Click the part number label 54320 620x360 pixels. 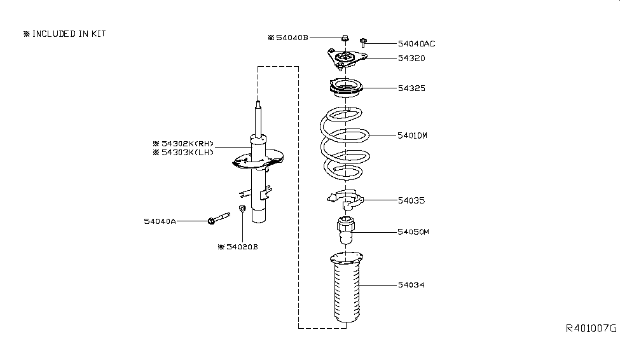(x=411, y=58)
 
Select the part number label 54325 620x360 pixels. (x=411, y=88)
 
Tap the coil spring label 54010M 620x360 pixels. (x=414, y=135)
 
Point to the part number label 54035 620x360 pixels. (x=411, y=200)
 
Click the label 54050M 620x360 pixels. (x=414, y=232)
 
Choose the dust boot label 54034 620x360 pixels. (x=411, y=285)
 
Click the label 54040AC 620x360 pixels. (x=417, y=44)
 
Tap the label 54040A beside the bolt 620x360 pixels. (x=160, y=221)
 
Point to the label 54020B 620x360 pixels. (x=238, y=246)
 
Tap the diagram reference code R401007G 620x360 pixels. (x=591, y=329)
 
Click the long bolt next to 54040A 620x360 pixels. (x=218, y=219)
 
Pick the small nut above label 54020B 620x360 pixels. (x=242, y=210)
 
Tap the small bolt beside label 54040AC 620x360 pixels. (x=362, y=43)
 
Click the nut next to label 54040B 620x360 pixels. (x=344, y=38)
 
